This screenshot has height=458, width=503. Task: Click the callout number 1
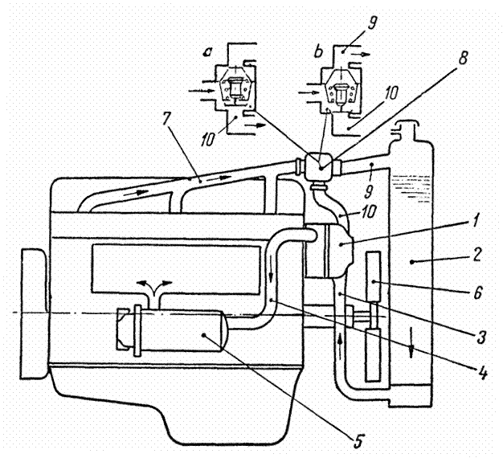coord(476,221)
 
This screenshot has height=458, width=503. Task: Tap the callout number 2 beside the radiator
coord(477,255)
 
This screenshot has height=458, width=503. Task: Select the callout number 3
coord(481,337)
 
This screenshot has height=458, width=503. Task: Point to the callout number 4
coord(482,373)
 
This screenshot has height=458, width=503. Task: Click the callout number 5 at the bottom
coord(358,441)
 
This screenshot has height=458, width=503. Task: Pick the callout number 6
coord(477,292)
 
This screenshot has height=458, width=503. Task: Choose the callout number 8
coord(462,58)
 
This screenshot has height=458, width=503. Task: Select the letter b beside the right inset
coord(318,52)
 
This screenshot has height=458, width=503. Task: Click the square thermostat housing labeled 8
coord(320,167)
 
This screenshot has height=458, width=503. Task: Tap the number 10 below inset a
coord(208,140)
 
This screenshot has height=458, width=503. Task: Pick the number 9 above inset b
coord(373,23)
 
